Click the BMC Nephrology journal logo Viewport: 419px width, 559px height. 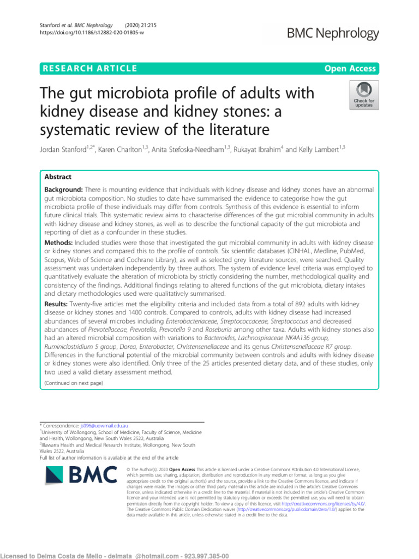(x=335, y=33)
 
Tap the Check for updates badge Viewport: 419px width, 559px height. (x=364, y=94)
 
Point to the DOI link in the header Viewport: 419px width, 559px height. (x=90, y=33)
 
